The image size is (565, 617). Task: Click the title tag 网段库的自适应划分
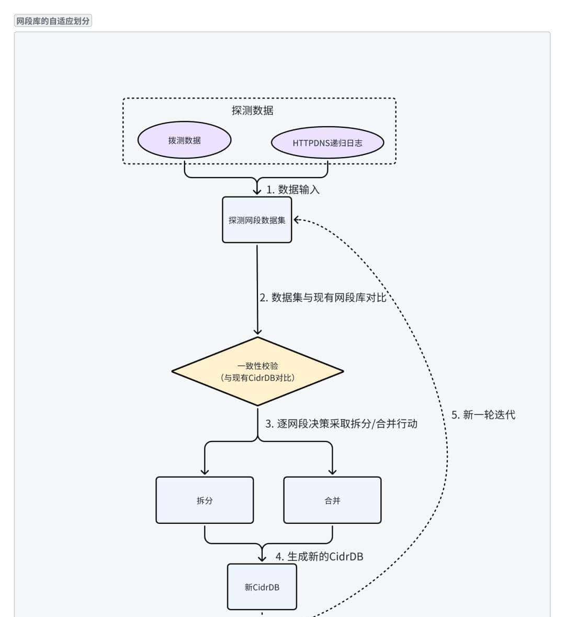53,21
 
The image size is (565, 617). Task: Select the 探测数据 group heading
252,111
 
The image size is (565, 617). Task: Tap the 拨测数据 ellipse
184,140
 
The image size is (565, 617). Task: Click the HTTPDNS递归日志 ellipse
327,142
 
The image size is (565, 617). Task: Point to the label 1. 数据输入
293,190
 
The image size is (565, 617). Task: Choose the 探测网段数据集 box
257,220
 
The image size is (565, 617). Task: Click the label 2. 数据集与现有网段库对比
323,298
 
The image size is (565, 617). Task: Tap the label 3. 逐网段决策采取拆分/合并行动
341,424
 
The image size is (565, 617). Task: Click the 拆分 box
205,500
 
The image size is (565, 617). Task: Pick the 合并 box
332,500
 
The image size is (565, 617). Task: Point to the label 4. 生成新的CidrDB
319,556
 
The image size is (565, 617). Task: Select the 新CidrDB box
262,587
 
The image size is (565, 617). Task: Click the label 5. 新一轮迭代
483,415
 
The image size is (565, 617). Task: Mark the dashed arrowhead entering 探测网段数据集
297,220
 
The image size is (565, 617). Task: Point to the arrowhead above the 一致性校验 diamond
257,331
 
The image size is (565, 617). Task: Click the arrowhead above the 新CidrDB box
262,558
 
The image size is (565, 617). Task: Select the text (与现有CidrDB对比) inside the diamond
257,378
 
